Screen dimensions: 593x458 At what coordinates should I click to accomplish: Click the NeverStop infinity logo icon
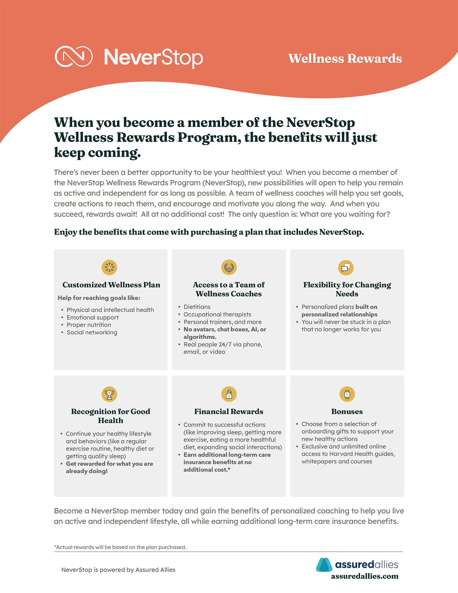point(73,57)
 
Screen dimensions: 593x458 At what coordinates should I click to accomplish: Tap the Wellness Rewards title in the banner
point(345,59)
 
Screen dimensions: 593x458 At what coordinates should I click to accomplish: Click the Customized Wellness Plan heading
point(111,285)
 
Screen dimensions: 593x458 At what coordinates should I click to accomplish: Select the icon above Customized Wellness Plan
point(109,268)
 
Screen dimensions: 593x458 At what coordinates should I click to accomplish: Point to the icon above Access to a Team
point(229,268)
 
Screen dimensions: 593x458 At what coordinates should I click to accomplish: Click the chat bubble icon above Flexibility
point(346,268)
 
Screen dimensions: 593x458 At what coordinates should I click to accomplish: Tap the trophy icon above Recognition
point(109,394)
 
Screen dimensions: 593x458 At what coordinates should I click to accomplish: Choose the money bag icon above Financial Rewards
point(229,394)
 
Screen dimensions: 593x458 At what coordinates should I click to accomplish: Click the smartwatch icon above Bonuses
point(347,394)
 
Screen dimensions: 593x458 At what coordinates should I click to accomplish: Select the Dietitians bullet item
point(197,307)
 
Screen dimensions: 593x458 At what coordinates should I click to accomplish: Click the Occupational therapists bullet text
point(217,314)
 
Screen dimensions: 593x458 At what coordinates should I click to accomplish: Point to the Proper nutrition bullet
point(89,325)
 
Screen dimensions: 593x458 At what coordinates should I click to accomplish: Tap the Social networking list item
point(92,332)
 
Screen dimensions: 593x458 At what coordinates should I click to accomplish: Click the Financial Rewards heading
point(229,412)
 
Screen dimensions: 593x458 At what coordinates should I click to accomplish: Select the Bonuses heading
point(347,412)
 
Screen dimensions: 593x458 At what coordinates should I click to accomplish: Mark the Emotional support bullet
point(93,317)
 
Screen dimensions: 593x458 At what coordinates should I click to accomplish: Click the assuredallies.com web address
point(364,576)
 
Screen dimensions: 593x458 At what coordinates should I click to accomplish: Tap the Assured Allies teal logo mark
point(324,565)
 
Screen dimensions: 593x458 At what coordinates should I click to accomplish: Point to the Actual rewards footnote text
point(121,547)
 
